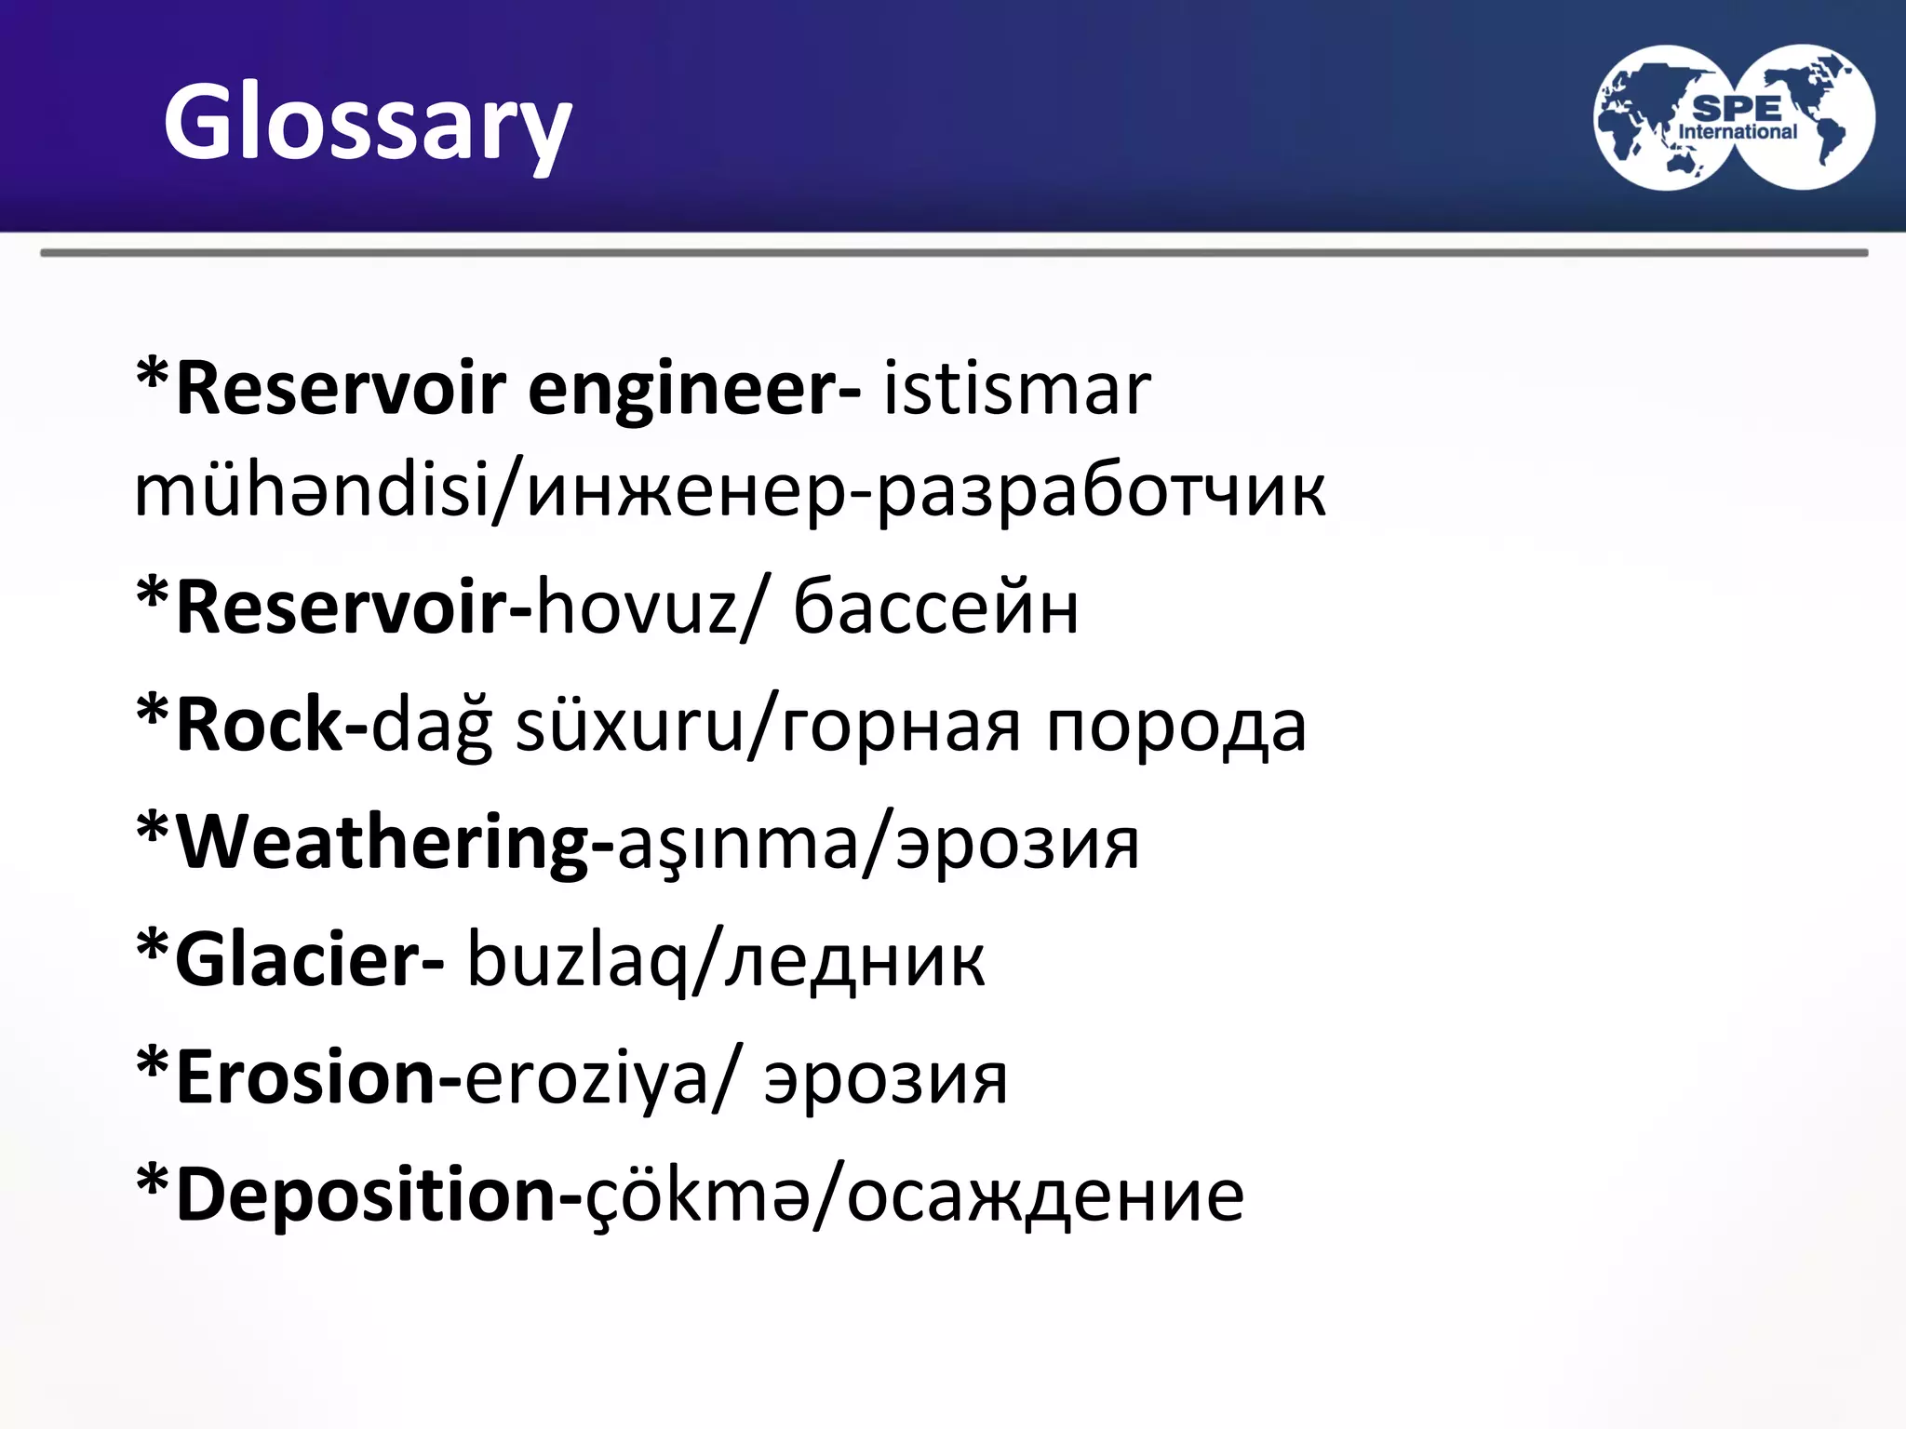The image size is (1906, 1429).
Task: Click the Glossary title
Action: [367, 123]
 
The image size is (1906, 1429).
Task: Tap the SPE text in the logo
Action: [1737, 108]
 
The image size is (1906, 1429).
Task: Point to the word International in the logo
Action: [1737, 132]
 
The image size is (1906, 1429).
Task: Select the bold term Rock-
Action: [272, 726]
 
